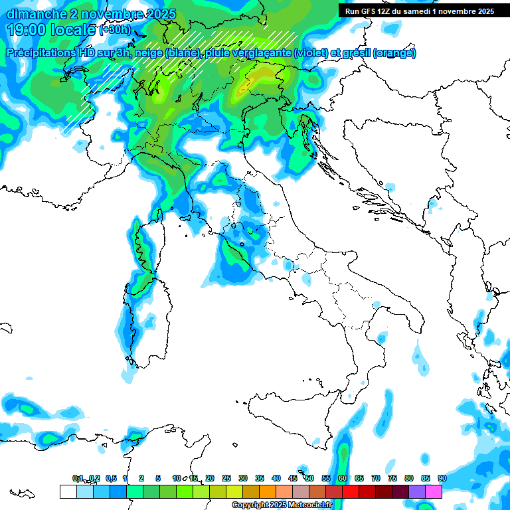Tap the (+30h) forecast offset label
[x=116, y=30]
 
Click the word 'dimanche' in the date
[x=29, y=14]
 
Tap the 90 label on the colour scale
[x=442, y=478]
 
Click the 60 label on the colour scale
[x=343, y=478]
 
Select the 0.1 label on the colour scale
[x=78, y=478]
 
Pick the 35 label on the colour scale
[x=260, y=478]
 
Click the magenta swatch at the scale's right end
[x=434, y=491]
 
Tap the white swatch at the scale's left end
[x=68, y=491]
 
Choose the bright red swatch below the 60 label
[x=351, y=491]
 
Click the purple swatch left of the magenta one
[x=417, y=491]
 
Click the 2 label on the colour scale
[x=141, y=478]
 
